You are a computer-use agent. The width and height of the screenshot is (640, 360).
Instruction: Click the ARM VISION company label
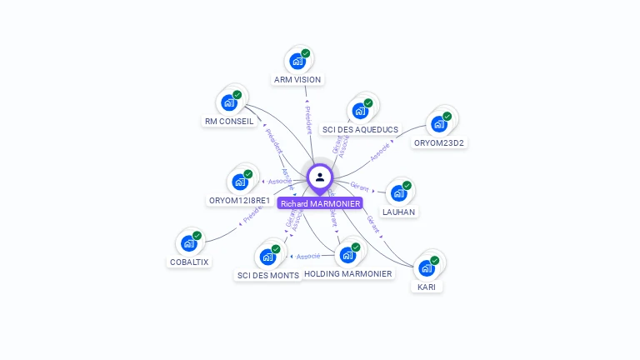click(297, 80)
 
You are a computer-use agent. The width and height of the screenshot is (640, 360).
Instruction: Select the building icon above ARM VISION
click(297, 61)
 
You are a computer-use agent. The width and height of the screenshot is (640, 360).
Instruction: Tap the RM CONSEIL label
click(228, 122)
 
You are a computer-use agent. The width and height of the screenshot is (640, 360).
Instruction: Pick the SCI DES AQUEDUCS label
click(360, 130)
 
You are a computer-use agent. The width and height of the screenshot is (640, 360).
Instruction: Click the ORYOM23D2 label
click(439, 142)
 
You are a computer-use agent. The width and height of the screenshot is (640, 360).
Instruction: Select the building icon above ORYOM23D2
click(438, 125)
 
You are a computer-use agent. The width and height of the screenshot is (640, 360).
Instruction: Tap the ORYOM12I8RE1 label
click(239, 201)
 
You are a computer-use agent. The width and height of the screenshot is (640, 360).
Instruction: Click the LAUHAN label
click(399, 212)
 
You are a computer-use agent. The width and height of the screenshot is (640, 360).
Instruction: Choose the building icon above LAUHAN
click(398, 193)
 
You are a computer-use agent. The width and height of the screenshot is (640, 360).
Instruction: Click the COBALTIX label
click(189, 262)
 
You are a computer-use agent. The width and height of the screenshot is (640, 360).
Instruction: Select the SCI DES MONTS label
click(267, 275)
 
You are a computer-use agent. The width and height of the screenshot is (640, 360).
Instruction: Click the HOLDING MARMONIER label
click(348, 273)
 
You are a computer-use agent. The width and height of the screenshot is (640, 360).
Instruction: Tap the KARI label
click(427, 287)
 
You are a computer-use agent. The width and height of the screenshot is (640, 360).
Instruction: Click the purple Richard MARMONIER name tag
click(320, 203)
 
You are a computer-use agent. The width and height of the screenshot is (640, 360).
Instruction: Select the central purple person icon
click(320, 177)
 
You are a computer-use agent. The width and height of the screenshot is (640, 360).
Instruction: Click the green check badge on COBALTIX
click(197, 236)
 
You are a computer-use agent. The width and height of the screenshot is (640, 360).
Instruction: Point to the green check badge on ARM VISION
click(305, 53)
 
